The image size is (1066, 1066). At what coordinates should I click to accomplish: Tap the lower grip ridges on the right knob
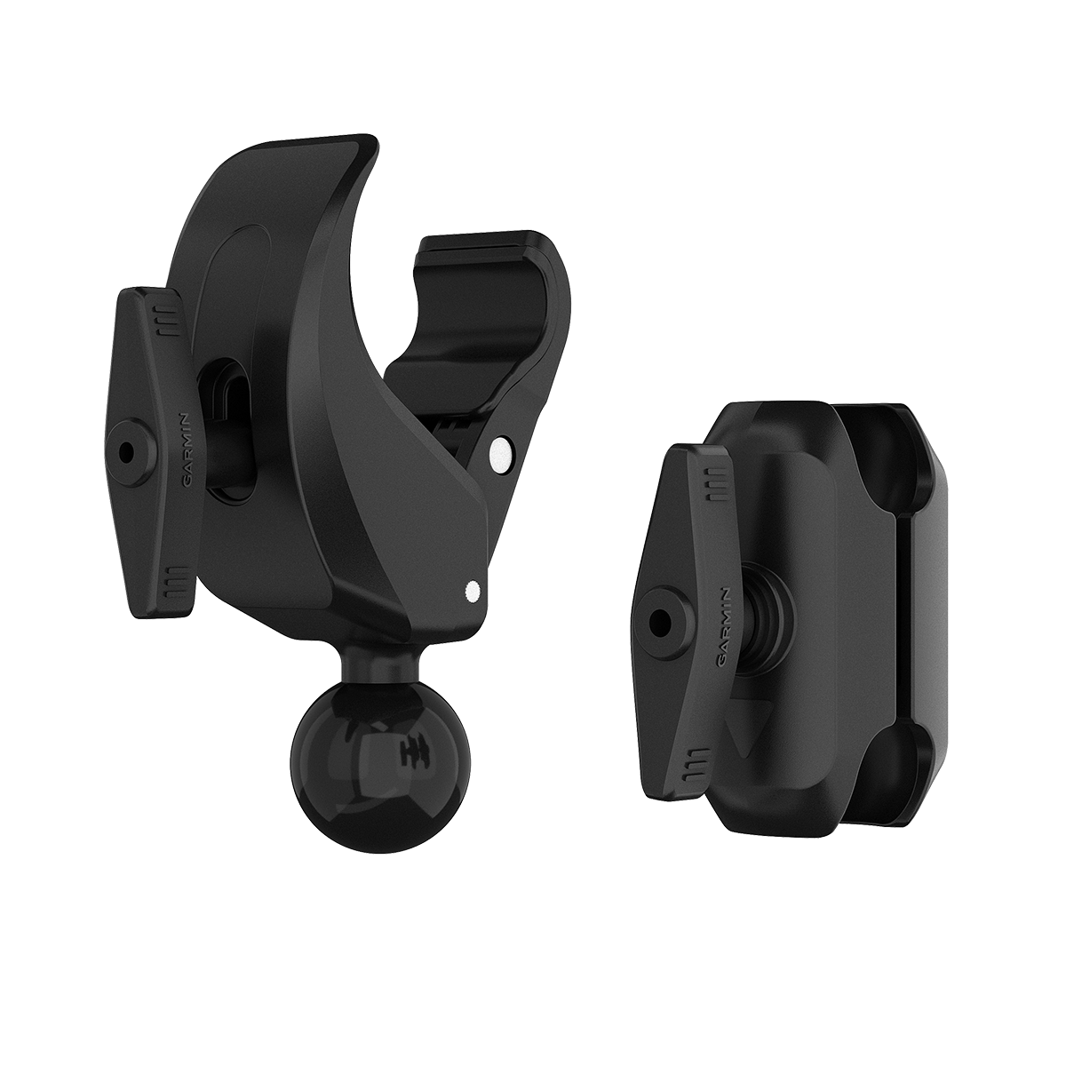pyautogui.click(x=696, y=760)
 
